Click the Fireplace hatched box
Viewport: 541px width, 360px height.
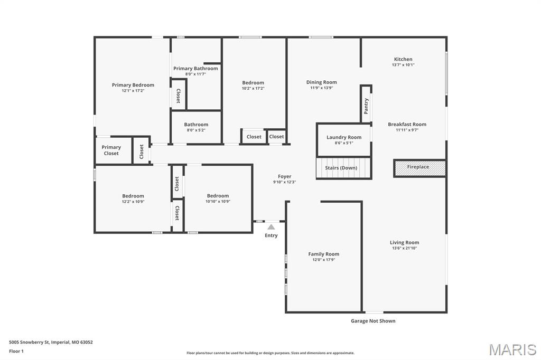point(420,168)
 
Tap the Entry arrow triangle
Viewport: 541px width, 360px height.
point(271,227)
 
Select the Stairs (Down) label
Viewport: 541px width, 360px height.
point(341,168)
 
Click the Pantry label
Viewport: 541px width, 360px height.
point(366,106)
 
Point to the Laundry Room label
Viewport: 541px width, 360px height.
point(344,137)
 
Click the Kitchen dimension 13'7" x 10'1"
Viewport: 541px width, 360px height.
point(403,65)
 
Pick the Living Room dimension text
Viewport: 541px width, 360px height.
point(404,248)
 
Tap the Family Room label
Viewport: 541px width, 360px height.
point(324,254)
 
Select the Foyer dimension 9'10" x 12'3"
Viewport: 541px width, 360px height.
point(285,182)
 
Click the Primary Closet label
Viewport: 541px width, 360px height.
point(111,150)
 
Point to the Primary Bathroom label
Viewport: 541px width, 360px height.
point(195,68)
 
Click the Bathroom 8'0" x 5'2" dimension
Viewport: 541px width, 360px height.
point(196,130)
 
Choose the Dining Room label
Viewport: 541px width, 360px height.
point(322,82)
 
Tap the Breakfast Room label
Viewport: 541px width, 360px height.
point(407,124)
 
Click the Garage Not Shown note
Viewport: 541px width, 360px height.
point(373,321)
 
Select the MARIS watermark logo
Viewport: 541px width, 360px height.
point(512,349)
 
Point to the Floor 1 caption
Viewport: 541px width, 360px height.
point(16,352)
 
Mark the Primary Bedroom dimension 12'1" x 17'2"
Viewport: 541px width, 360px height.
point(133,91)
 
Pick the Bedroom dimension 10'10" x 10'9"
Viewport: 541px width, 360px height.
point(218,202)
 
